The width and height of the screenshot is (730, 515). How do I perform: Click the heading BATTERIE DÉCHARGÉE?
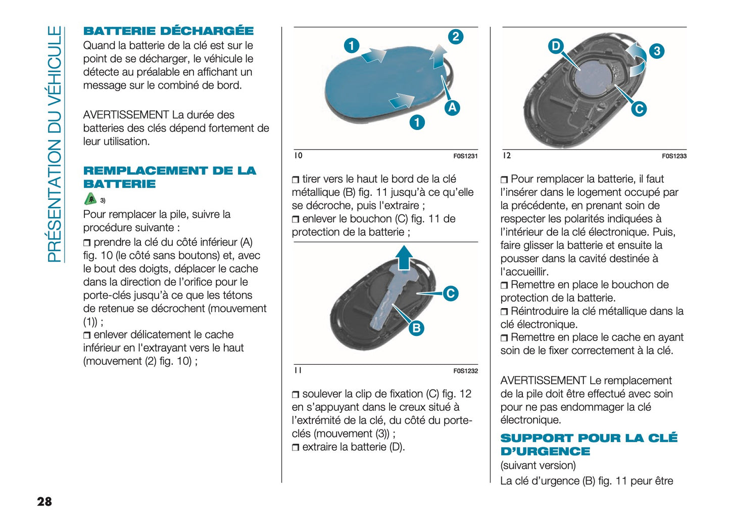point(168,31)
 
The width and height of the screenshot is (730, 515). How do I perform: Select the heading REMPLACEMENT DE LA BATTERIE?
point(169,177)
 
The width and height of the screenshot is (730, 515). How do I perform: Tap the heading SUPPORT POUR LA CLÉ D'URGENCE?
point(589,445)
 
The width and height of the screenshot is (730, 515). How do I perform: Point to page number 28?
point(44,501)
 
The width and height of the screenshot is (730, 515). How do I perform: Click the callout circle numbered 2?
point(456,36)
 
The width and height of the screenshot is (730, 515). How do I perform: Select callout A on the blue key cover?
point(452,107)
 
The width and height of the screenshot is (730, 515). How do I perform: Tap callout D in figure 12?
point(556,46)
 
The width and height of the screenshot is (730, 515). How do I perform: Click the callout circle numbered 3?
point(656,51)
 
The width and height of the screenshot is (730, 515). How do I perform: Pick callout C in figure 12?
point(639,109)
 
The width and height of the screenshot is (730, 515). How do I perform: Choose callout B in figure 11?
point(416,328)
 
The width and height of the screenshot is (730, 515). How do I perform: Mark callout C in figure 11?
point(450,293)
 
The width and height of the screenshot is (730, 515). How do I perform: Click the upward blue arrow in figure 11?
point(404,257)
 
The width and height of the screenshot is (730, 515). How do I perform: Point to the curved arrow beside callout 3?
point(637,60)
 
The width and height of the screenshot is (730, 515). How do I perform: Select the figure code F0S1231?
point(465,156)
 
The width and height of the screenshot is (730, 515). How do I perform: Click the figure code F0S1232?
point(465,371)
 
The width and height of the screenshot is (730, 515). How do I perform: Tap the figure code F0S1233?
point(674,156)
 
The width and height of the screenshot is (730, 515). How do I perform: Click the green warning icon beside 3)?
point(90,199)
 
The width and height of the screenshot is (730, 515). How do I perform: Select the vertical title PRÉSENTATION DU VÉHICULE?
point(54,144)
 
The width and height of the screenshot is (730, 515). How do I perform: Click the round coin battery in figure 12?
point(594,76)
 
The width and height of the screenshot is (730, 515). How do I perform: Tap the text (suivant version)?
point(538,465)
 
